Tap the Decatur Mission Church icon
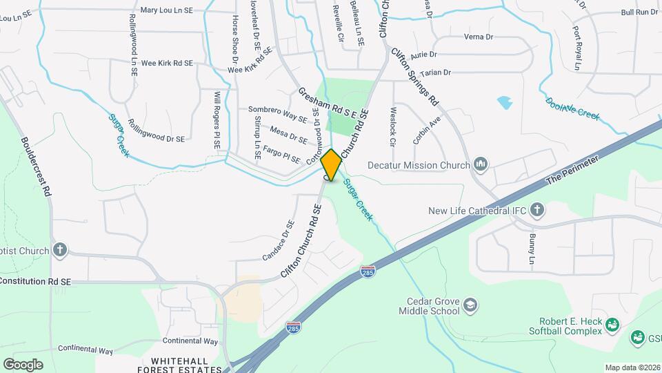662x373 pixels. (481, 164)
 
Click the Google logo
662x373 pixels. (23, 364)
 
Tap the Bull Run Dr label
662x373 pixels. (639, 12)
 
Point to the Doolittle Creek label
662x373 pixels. (572, 107)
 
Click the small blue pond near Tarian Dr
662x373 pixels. (505, 103)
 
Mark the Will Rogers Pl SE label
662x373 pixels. (217, 122)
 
